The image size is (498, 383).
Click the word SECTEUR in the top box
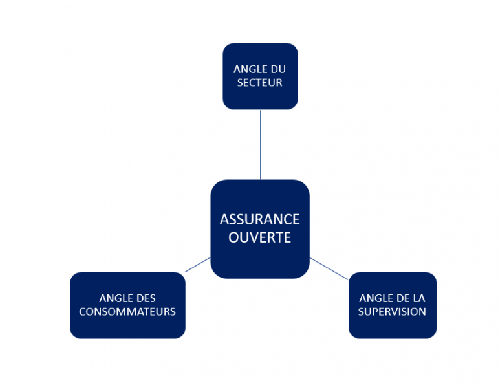(260, 83)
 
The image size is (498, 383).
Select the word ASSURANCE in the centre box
(259, 219)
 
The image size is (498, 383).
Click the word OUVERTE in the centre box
(259, 237)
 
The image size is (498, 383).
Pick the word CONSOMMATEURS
(127, 312)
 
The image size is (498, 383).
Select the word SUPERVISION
(392, 312)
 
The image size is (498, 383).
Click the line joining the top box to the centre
(260, 144)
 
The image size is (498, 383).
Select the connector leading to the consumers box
(198, 265)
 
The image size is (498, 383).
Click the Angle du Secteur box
(260, 97)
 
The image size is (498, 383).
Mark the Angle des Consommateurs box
(127, 327)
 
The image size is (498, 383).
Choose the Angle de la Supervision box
(392, 327)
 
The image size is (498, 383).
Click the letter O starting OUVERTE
(233, 237)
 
